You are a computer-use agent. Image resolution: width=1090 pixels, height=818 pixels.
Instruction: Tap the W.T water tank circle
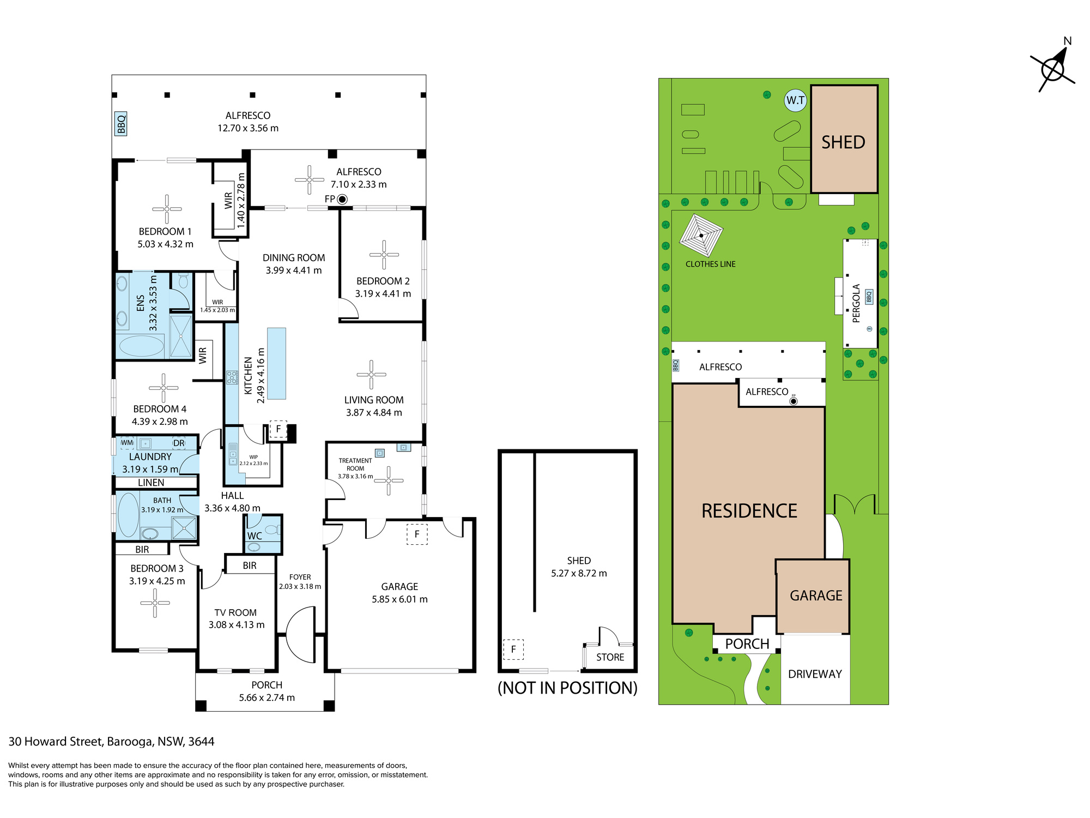796,100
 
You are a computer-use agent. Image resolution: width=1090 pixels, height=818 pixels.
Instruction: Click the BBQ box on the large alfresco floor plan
121,124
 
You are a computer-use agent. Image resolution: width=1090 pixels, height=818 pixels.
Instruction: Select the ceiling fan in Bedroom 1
167,209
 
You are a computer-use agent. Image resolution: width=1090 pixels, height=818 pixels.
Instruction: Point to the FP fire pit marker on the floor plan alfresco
342,200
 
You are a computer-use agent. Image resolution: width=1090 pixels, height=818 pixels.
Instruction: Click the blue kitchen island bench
276,363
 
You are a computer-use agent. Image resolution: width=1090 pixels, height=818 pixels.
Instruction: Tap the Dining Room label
294,258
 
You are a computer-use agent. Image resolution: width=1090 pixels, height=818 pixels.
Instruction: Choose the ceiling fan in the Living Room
371,375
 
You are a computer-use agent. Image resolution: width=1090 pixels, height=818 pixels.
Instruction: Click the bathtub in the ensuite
141,346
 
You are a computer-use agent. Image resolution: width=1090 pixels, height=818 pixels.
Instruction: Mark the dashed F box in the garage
417,534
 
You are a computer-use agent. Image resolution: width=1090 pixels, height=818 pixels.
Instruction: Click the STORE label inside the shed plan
610,657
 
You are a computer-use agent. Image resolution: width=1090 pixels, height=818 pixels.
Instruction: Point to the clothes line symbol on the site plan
701,236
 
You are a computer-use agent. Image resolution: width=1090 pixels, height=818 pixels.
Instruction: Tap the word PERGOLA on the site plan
856,303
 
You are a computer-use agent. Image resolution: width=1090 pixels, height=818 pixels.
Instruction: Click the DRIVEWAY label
815,674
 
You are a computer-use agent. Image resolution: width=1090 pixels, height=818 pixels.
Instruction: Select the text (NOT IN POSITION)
567,688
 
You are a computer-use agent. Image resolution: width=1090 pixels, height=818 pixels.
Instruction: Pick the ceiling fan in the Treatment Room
389,480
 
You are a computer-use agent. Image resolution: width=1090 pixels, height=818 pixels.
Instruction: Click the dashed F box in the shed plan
513,649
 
